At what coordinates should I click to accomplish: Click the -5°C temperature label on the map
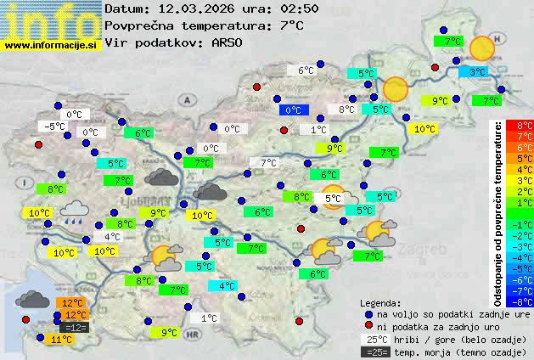pyautogui.click(x=55, y=127)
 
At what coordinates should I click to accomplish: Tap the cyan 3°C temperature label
pyautogui.click(x=478, y=73)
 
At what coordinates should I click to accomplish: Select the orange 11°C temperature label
pyautogui.click(x=59, y=340)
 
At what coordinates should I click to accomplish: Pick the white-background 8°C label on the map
pyautogui.click(x=346, y=110)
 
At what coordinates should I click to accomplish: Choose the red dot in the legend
pyautogui.click(x=368, y=326)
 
